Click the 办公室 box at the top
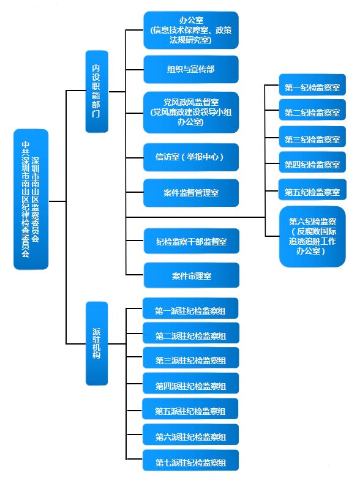(190, 30)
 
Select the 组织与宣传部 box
(190, 69)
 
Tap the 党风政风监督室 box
(190, 112)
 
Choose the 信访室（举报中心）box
(190, 157)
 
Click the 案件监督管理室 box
(190, 193)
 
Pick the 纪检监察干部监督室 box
(190, 242)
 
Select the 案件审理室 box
(190, 275)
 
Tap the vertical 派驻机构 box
(96, 343)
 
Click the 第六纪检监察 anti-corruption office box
(312, 237)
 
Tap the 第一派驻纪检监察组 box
(190, 310)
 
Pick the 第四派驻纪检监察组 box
(190, 386)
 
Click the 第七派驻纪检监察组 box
(190, 461)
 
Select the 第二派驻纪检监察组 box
(190, 335)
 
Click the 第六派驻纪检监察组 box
(190, 436)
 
